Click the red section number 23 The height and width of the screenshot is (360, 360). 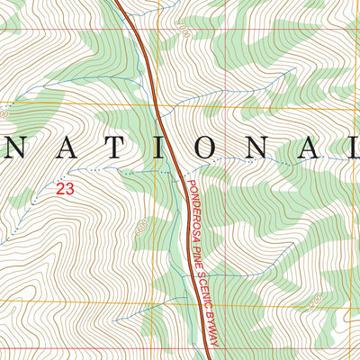(65, 188)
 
